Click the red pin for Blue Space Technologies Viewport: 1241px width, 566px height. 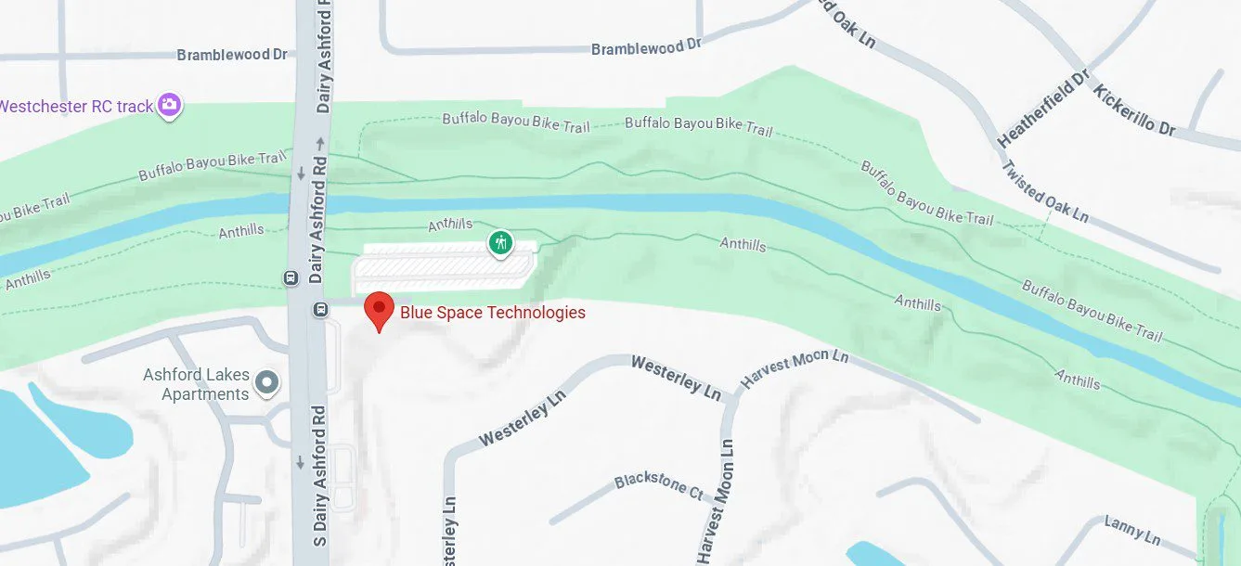[x=379, y=309]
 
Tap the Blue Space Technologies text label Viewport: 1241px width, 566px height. [x=492, y=313]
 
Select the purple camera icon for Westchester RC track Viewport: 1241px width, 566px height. [x=169, y=105]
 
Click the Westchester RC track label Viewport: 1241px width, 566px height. [x=76, y=107]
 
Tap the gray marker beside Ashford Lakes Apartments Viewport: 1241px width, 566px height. [x=267, y=382]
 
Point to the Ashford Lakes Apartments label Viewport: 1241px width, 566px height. [x=196, y=384]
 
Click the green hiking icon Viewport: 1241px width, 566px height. [x=501, y=244]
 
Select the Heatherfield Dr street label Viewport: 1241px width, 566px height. [x=1042, y=109]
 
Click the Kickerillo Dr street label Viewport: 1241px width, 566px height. [x=1134, y=109]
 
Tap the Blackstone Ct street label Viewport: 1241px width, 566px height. [x=659, y=485]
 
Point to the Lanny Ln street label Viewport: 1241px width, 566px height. [x=1132, y=531]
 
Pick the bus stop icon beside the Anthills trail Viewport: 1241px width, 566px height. [x=290, y=277]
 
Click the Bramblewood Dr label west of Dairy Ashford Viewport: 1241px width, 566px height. [x=232, y=55]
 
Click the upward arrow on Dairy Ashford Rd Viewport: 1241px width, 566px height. [x=318, y=144]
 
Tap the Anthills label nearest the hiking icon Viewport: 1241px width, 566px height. [x=450, y=225]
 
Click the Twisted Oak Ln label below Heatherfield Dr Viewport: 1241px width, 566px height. [x=1044, y=191]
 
